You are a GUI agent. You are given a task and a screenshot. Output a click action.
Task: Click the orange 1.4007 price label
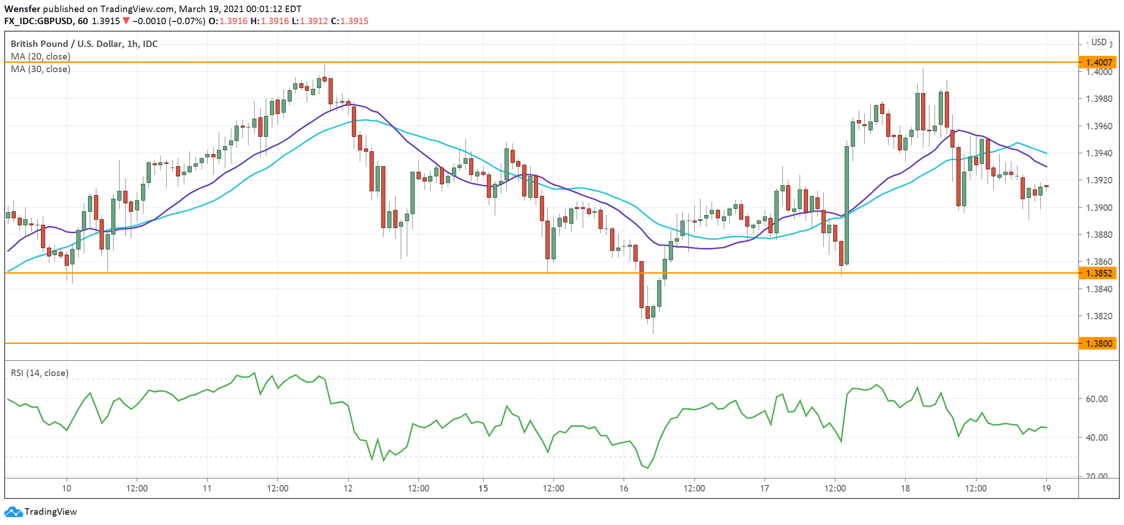(1098, 62)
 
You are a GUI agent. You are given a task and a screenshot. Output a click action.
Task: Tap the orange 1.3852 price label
(1098, 273)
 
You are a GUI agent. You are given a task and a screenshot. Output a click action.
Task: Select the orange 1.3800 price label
(1098, 343)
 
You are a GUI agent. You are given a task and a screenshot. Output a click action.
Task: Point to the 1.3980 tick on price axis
(1099, 99)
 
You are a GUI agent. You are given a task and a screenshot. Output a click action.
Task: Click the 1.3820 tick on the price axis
(1099, 316)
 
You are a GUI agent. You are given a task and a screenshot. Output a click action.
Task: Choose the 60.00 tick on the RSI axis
(1097, 399)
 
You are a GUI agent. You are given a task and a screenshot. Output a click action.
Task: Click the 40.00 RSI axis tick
(1097, 437)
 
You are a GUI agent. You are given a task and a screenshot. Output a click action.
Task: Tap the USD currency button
(1099, 42)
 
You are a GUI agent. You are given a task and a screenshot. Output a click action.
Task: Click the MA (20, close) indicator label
(40, 56)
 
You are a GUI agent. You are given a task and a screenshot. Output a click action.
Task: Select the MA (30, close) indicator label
(40, 69)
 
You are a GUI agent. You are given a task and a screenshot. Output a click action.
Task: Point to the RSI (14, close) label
(40, 373)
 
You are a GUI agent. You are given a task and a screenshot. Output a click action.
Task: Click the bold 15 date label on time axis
(483, 488)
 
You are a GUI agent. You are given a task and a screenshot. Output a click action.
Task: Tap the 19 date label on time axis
(1046, 488)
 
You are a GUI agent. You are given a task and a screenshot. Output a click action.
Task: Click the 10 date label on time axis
(67, 488)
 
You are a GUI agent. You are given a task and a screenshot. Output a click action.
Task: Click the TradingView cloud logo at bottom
(13, 512)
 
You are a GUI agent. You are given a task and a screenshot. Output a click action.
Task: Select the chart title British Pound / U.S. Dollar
(84, 44)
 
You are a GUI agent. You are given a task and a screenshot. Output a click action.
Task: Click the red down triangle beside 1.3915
(126, 21)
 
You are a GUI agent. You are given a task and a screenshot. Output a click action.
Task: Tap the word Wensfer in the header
(22, 9)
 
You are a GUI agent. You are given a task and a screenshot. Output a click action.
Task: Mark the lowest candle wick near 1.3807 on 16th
(653, 331)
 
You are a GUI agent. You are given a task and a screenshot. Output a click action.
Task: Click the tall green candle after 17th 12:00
(847, 205)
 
